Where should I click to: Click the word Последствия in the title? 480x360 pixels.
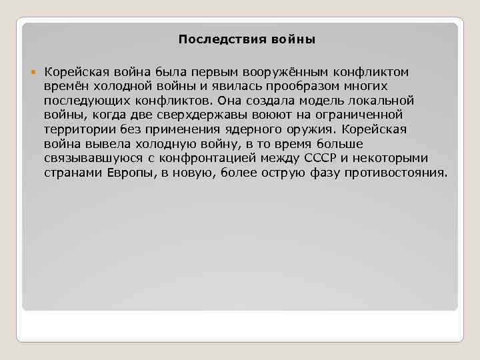click(212, 39)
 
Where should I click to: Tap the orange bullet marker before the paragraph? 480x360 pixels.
click(35, 72)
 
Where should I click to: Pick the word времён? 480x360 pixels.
click(67, 86)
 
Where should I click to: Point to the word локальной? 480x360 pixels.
click(383, 101)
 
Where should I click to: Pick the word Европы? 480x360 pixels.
click(127, 174)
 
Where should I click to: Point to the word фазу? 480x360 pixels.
click(325, 174)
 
